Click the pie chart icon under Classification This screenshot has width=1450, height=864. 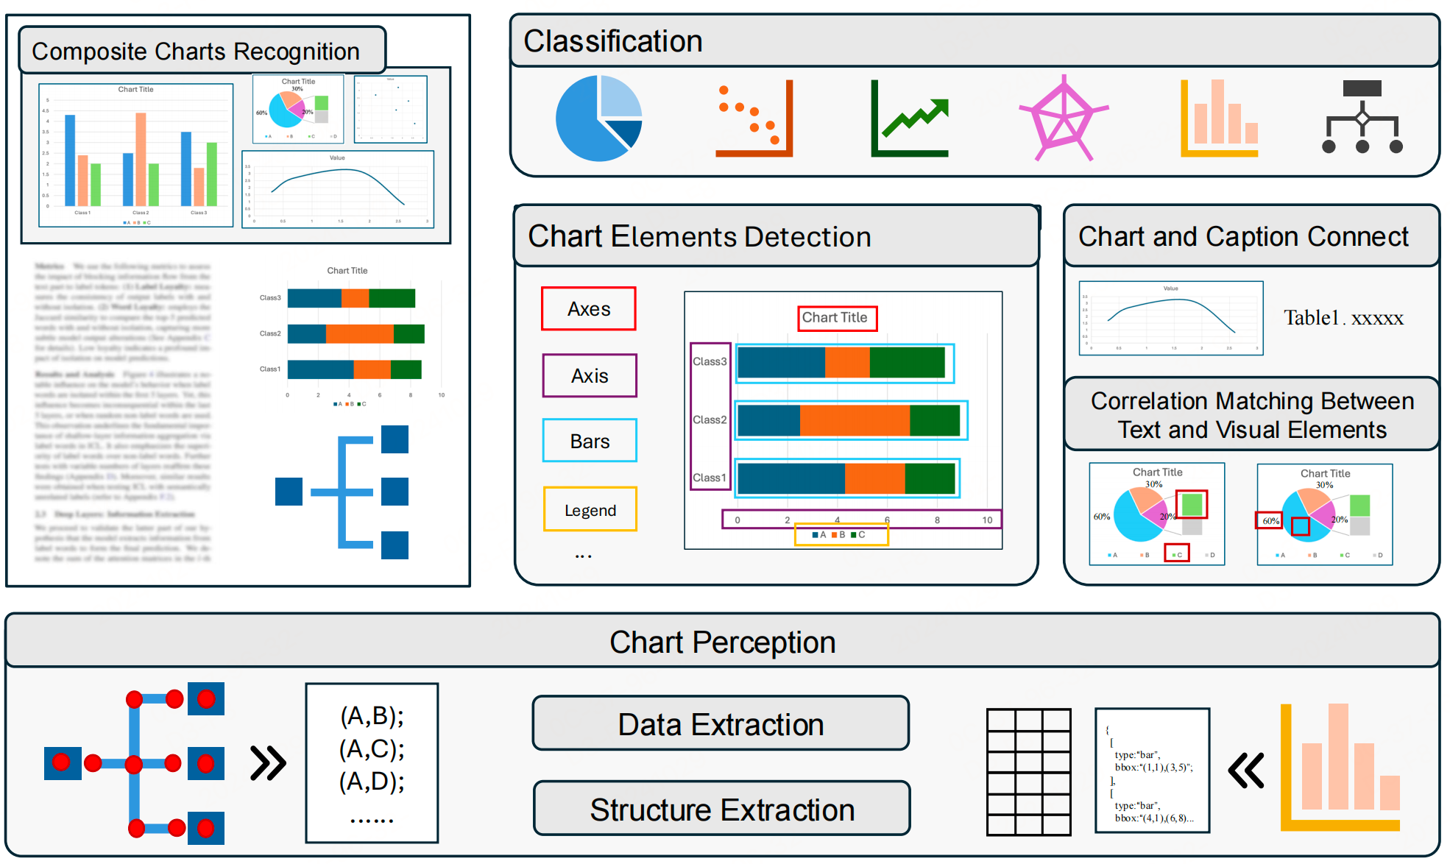click(598, 118)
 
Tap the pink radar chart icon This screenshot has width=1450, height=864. click(1063, 118)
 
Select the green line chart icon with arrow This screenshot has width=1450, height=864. click(910, 118)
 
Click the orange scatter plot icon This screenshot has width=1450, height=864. click(754, 118)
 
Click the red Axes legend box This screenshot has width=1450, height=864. click(589, 309)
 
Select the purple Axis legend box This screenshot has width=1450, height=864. click(590, 376)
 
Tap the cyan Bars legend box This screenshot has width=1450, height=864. click(590, 441)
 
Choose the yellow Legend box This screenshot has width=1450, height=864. click(590, 510)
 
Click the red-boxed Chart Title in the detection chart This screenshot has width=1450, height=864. click(837, 318)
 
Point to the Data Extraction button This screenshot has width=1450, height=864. click(721, 724)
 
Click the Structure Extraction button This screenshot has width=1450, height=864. click(721, 810)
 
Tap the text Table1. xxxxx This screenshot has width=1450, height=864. click(1343, 318)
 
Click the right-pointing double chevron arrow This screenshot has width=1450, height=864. click(268, 763)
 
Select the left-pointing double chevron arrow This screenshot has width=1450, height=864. click(1246, 771)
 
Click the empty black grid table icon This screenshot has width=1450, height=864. click(1028, 772)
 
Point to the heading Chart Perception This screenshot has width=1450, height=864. click(722, 642)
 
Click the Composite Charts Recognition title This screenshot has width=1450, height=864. click(196, 52)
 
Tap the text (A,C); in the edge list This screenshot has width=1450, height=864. click(372, 749)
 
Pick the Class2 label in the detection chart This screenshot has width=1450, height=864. click(710, 419)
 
